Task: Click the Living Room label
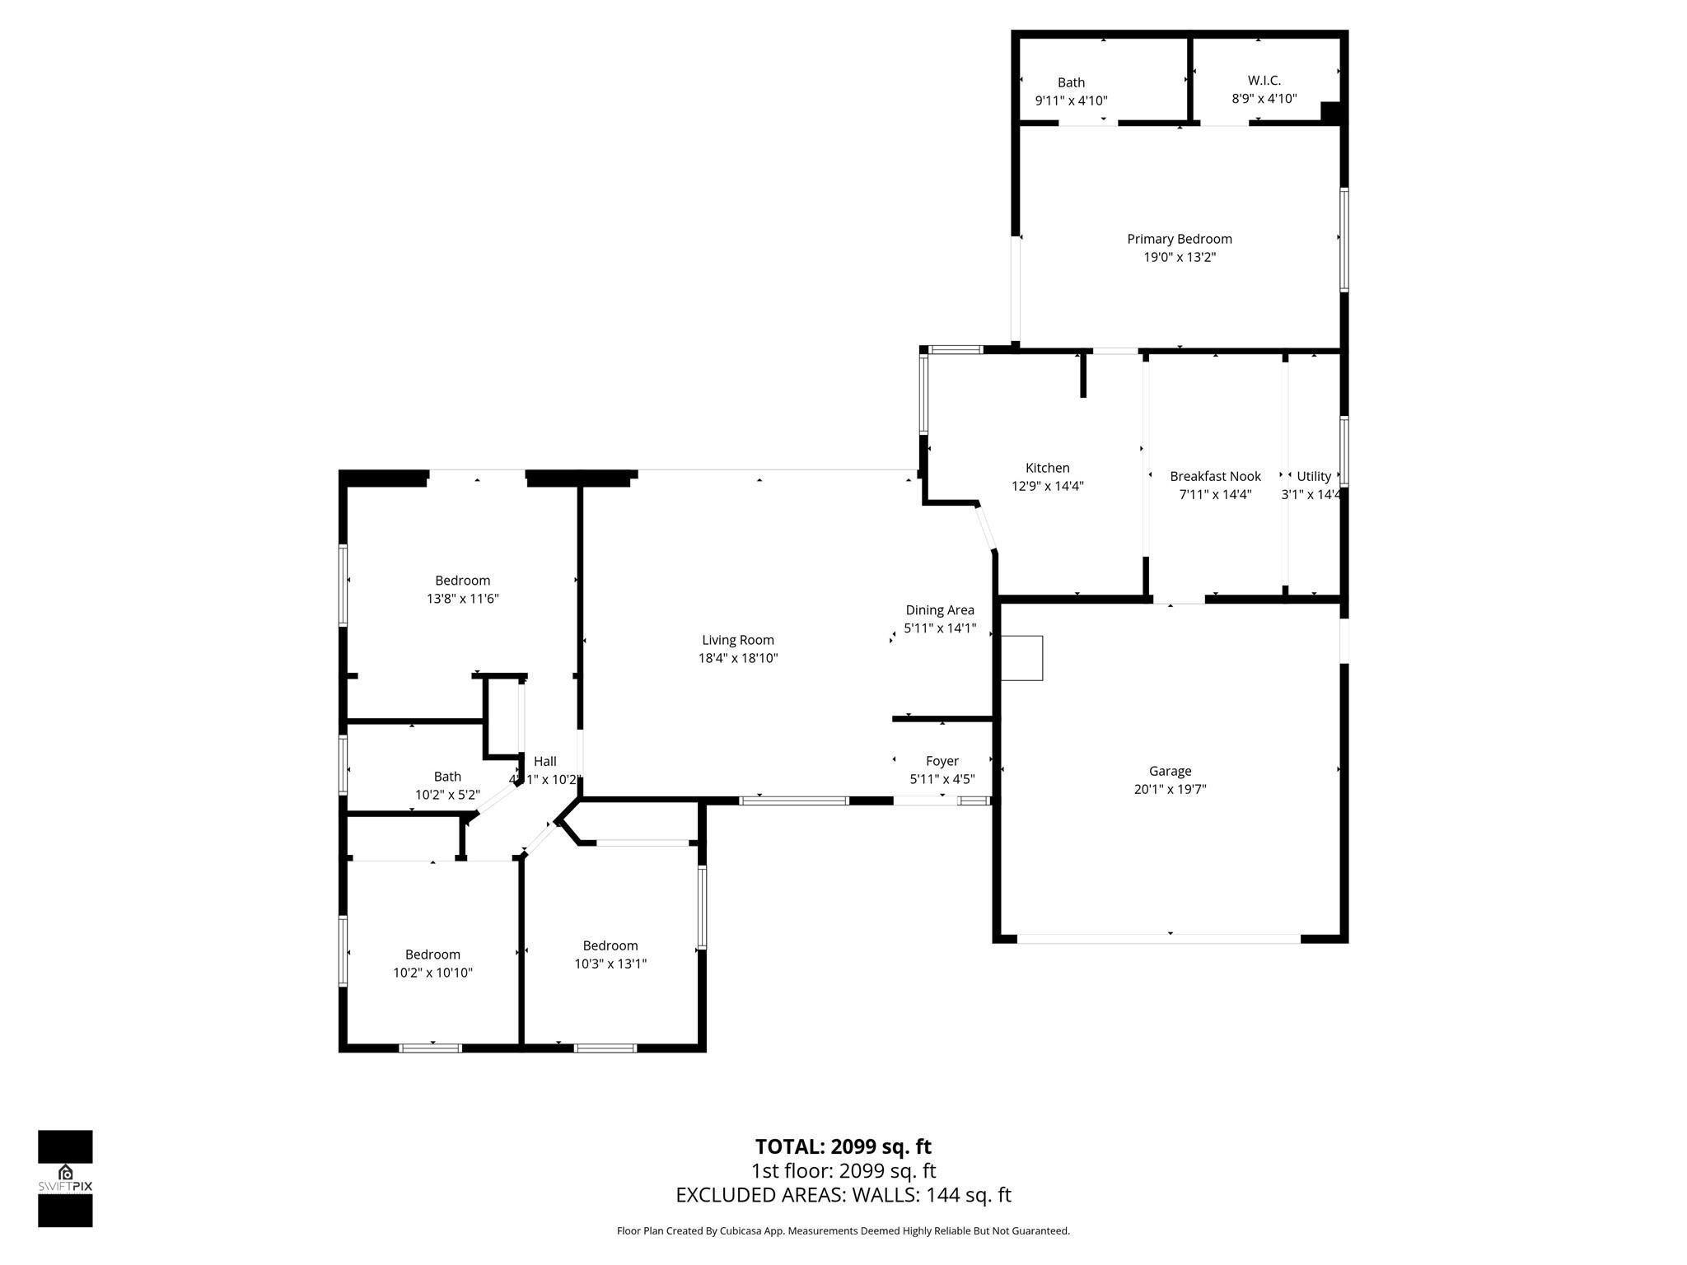(x=737, y=640)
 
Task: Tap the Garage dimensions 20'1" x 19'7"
(x=1170, y=789)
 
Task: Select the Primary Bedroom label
(x=1179, y=239)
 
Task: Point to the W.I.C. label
(x=1264, y=80)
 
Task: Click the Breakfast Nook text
(x=1215, y=476)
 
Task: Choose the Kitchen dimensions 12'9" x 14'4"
(x=1047, y=486)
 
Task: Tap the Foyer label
(x=942, y=761)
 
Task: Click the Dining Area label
(x=939, y=610)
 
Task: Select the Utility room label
(x=1313, y=476)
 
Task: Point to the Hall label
(x=544, y=762)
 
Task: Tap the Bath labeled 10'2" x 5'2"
(x=447, y=777)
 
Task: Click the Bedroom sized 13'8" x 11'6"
(x=462, y=581)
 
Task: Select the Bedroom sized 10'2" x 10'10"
(x=432, y=955)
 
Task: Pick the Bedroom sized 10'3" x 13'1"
(x=610, y=945)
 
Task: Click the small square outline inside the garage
(x=1021, y=658)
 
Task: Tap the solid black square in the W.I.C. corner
(x=1330, y=112)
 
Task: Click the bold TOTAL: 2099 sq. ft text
(x=843, y=1146)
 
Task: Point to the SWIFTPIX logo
(x=65, y=1179)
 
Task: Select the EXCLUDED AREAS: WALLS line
(x=843, y=1194)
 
